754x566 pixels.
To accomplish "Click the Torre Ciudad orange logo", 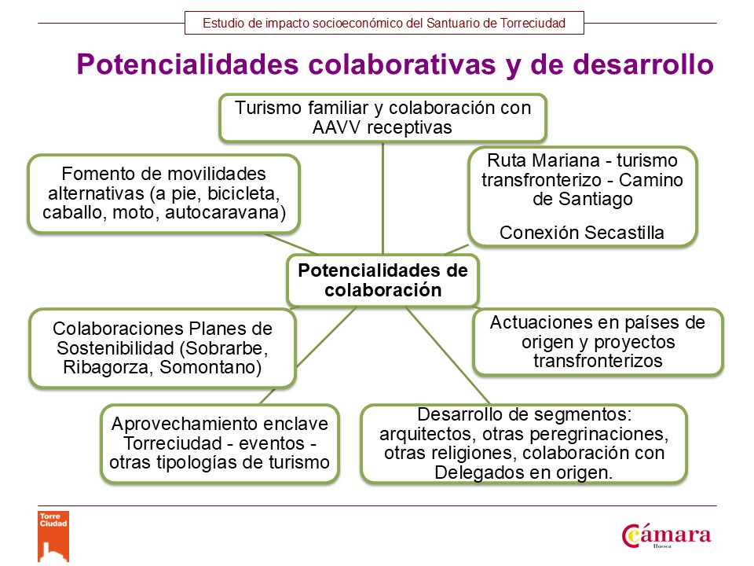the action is click(53, 536).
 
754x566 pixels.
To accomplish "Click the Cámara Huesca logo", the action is click(666, 535).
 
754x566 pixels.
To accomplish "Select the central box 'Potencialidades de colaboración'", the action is click(382, 281).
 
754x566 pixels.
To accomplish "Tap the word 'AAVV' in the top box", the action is click(337, 127).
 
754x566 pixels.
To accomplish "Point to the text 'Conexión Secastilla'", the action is click(582, 233).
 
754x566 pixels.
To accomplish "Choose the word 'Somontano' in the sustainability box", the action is click(210, 367).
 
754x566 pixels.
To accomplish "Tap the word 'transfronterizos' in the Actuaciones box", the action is click(598, 361).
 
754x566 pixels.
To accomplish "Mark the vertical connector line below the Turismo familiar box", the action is click(382, 198).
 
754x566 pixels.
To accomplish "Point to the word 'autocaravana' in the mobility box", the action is click(225, 213).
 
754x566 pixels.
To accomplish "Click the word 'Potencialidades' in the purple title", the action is click(188, 64).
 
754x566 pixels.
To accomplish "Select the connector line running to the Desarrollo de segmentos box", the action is click(448, 355).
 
